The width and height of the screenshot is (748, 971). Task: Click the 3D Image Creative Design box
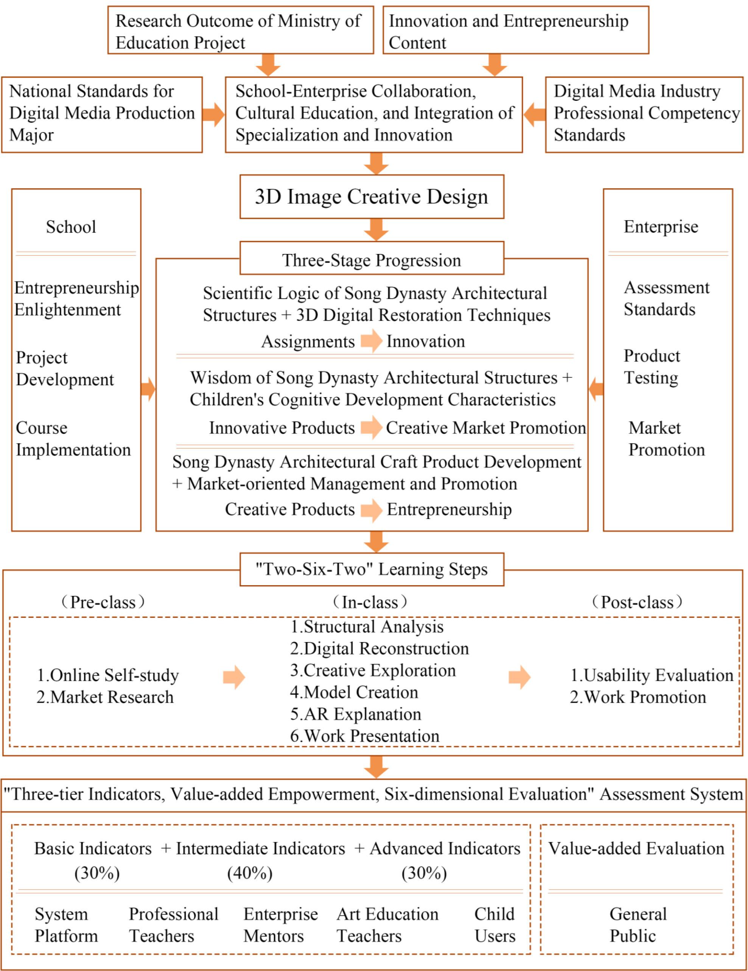(x=372, y=196)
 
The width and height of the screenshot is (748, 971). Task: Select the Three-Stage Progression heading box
(x=372, y=260)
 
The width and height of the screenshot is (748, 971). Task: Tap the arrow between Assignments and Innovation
(x=371, y=341)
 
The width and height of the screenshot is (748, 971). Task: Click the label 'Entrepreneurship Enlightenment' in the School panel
(x=76, y=299)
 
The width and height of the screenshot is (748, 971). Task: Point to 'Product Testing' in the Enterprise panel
(x=652, y=367)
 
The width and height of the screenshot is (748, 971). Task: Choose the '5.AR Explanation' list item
(x=355, y=714)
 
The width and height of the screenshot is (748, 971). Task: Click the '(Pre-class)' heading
(x=103, y=602)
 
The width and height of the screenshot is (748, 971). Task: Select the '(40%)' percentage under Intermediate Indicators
(x=250, y=873)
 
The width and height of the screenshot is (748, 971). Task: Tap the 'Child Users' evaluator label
(x=495, y=925)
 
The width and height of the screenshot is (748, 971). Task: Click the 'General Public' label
(x=638, y=925)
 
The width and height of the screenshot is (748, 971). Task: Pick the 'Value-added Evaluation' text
(x=636, y=848)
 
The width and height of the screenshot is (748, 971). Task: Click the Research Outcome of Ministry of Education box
(x=241, y=30)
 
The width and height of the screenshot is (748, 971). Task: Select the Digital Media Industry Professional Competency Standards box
(x=644, y=114)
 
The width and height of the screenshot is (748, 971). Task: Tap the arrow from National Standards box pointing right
(x=213, y=114)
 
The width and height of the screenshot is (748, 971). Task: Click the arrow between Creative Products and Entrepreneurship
(x=371, y=510)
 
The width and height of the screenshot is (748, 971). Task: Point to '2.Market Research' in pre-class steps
(x=105, y=697)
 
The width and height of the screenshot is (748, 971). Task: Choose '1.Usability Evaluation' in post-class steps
(x=652, y=675)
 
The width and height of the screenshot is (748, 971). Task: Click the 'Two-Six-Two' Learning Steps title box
(x=372, y=569)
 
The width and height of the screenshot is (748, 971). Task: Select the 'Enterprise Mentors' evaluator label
(x=280, y=925)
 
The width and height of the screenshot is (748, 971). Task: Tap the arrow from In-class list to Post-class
(x=519, y=678)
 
